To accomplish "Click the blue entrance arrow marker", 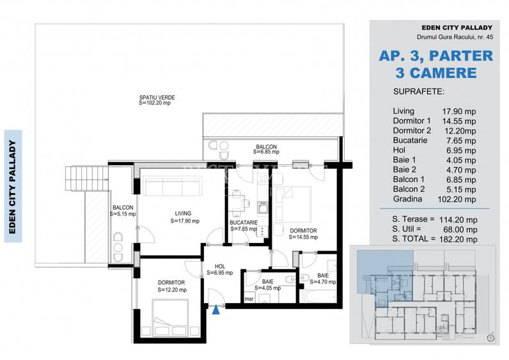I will tap(217, 311).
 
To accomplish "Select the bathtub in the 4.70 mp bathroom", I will tap(318, 296).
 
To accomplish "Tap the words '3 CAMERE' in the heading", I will tap(436, 72).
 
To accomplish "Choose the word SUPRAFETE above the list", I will tap(419, 91).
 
